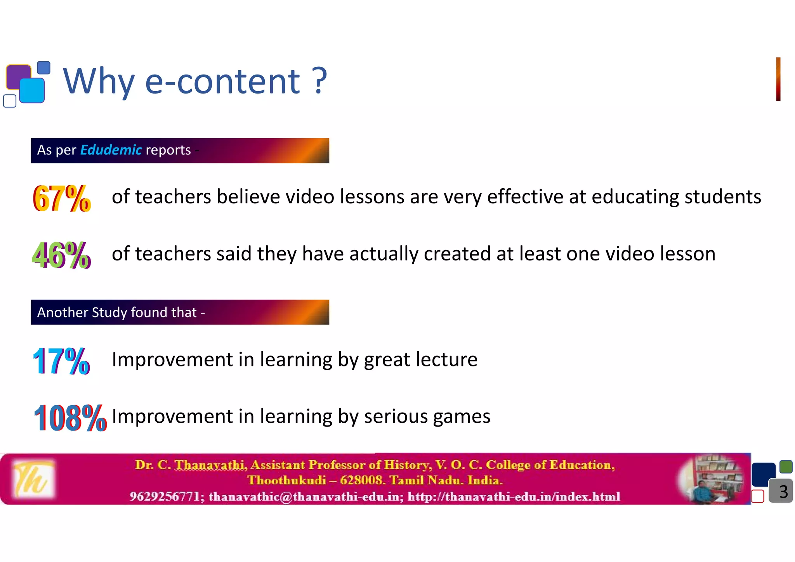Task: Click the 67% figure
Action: coord(62,198)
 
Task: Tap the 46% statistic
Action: coord(61,255)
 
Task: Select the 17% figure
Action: coord(61,361)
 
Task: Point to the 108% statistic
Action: coord(70,418)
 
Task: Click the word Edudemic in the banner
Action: coord(111,150)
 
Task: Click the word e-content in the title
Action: coord(222,81)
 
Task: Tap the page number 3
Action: coord(783,492)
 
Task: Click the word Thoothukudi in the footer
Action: coord(286,480)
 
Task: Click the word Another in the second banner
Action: coord(62,312)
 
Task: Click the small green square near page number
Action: coord(786,467)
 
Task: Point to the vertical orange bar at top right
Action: coord(778,79)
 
